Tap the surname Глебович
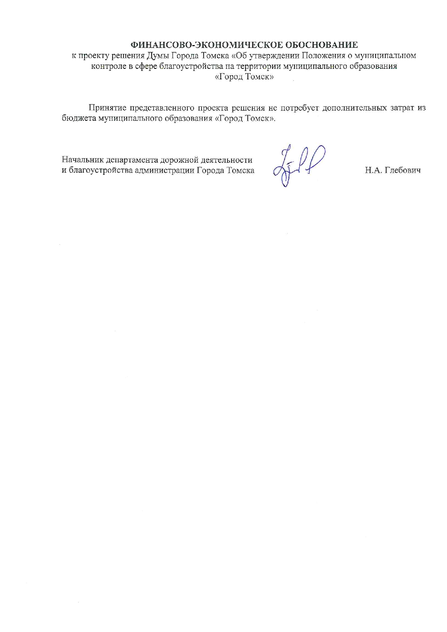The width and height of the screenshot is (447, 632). pyautogui.click(x=403, y=170)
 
